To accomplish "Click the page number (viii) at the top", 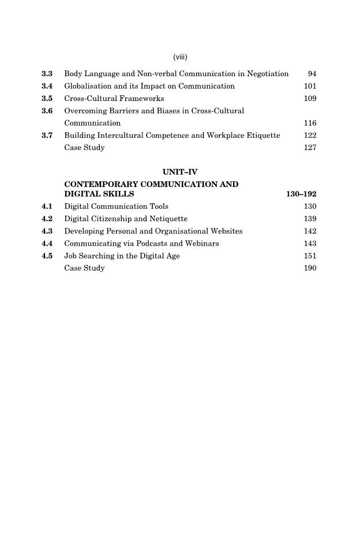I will coord(181,57).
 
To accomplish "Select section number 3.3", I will coord(47,74).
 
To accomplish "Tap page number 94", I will coord(312,74).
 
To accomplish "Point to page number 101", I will coord(310,86).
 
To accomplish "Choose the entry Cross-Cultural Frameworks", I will coord(114,99).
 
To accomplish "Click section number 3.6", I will coord(47,111).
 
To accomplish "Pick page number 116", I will coord(310,123).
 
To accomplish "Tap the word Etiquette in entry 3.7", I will coord(262,135).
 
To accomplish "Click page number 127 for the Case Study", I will coord(310,147).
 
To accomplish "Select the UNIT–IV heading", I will coord(181,171).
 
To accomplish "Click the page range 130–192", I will coord(301,194).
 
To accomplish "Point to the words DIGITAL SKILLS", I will coord(99,194).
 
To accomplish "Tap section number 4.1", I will coord(47,206).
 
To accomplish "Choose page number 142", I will coord(310,231).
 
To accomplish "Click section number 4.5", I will coord(47,256).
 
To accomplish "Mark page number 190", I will coord(310,268).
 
